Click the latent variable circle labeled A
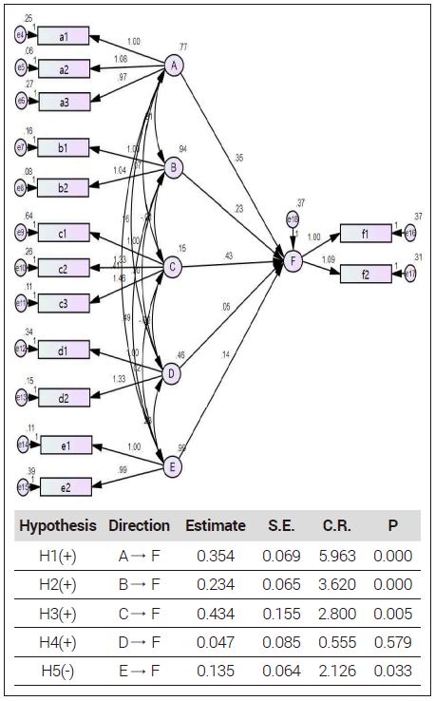tap(174, 65)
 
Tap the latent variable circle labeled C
tap(174, 268)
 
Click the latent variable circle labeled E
tap(173, 466)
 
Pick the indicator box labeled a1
tap(64, 36)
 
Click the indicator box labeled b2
tap(64, 187)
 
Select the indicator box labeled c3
tap(64, 303)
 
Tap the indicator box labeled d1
tap(64, 350)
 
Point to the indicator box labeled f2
tap(366, 275)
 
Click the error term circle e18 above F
tap(293, 219)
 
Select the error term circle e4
tap(21, 35)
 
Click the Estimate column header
tap(215, 525)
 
